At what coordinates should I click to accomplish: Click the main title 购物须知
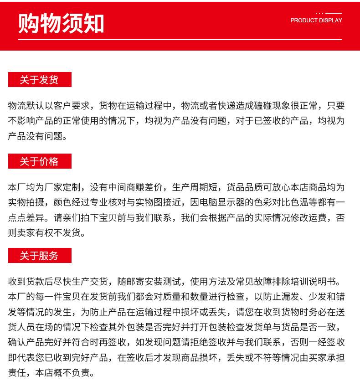[x=61, y=24]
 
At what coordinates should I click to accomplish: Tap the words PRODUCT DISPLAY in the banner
[x=316, y=21]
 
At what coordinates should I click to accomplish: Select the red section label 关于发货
[x=40, y=80]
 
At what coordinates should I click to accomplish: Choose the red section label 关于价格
[x=40, y=161]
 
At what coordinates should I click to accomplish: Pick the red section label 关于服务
[x=40, y=256]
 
